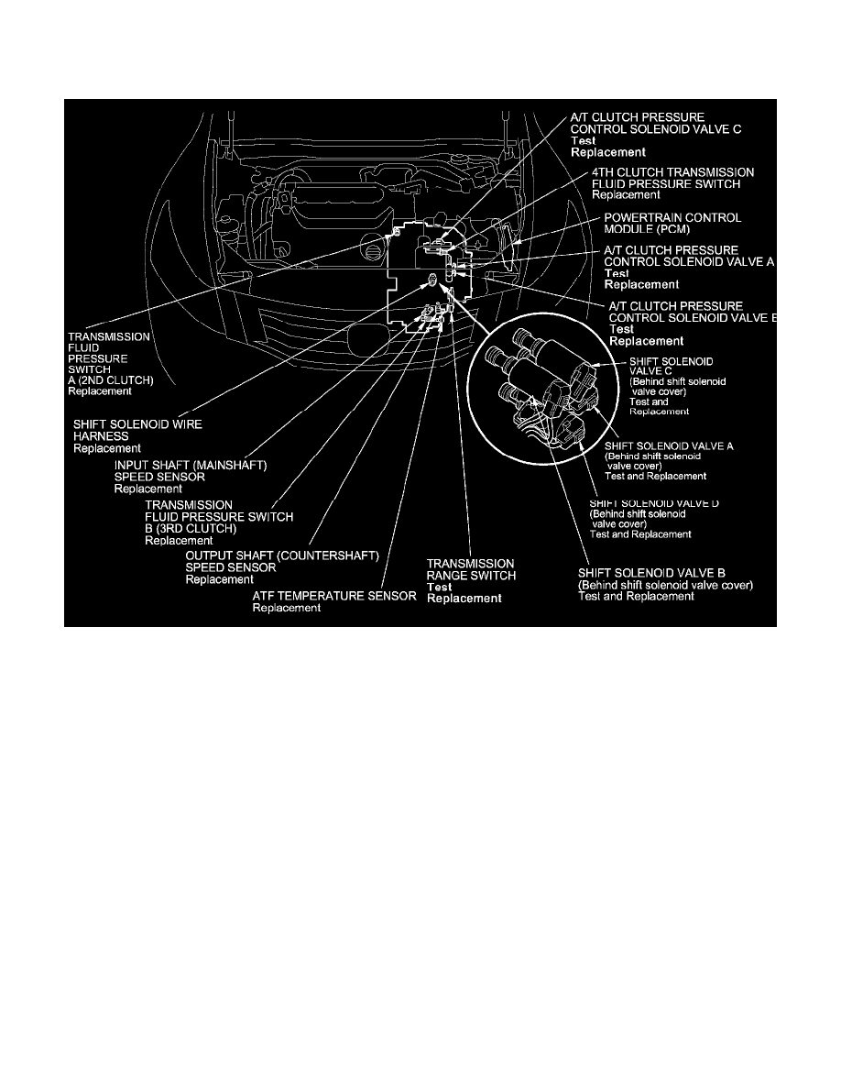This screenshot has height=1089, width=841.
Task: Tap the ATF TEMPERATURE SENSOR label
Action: tap(334, 596)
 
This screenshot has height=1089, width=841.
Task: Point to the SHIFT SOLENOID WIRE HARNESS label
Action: tap(137, 430)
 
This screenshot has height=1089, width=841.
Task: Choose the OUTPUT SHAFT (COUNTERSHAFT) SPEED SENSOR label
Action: tap(281, 562)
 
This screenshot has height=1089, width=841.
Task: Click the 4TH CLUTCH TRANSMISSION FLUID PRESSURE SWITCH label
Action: tap(672, 178)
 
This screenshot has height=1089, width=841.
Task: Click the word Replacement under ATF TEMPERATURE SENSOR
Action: tap(286, 608)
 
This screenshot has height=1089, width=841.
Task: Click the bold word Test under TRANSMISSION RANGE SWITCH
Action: tap(440, 587)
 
